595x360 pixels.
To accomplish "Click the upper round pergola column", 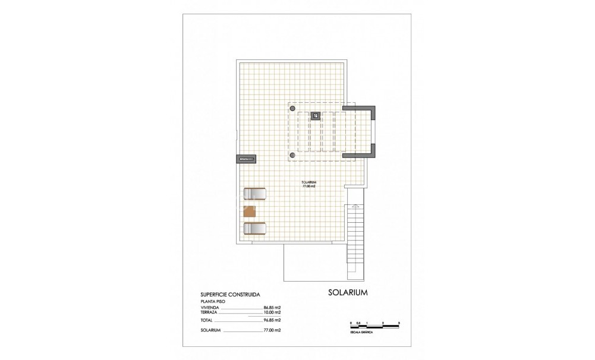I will tap(292, 109).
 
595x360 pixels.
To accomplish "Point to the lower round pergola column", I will tap(292, 155).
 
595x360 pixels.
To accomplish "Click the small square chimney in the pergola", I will tap(316, 115).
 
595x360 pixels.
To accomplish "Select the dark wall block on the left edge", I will tap(245, 159).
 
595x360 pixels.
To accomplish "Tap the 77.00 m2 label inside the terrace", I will tap(308, 186).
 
